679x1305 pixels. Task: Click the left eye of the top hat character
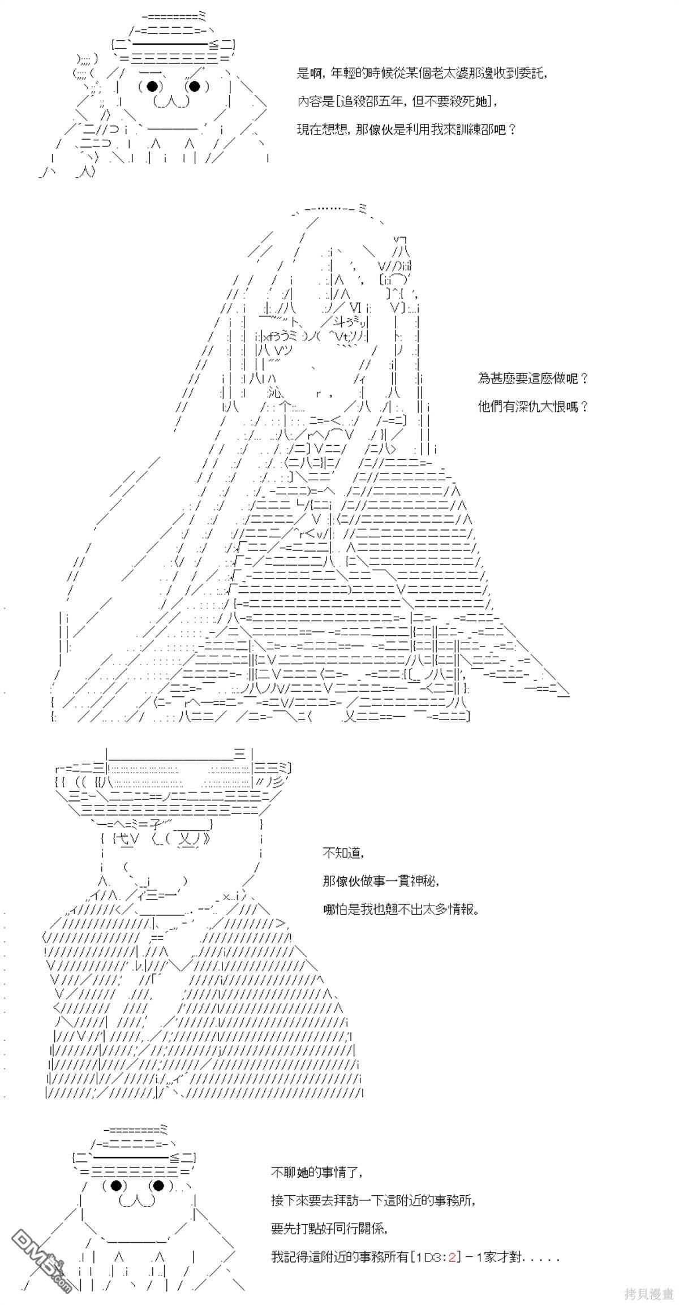click(x=152, y=86)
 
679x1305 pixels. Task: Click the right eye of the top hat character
click(x=194, y=86)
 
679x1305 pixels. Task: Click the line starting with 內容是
click(x=398, y=102)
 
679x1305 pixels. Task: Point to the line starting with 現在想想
click(x=406, y=130)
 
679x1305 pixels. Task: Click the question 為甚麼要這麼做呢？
click(x=534, y=378)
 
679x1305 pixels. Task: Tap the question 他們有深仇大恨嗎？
click(x=534, y=406)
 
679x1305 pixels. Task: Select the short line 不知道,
click(x=342, y=853)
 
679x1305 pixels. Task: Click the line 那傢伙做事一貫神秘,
click(x=381, y=881)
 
